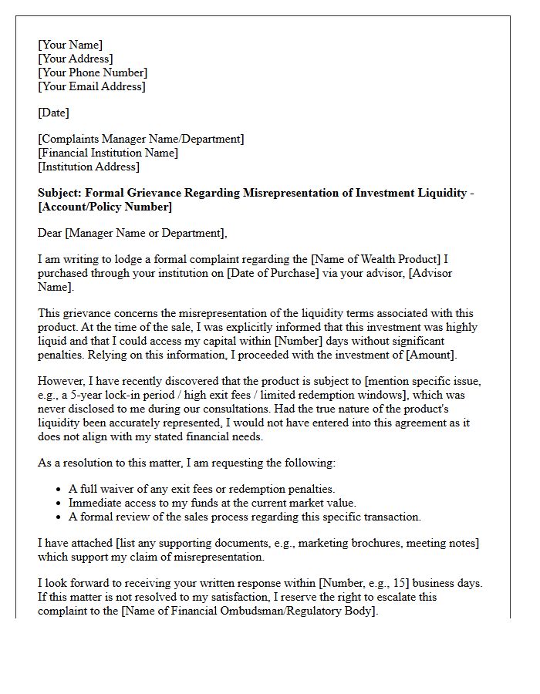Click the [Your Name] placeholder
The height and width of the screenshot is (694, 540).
click(70, 45)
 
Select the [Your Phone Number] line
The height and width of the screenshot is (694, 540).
click(93, 72)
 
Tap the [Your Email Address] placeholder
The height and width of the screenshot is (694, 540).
click(91, 86)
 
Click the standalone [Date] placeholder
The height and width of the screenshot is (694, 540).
click(53, 113)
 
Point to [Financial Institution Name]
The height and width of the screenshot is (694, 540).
click(108, 153)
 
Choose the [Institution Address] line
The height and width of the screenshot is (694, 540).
click(89, 167)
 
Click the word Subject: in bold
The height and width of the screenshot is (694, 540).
click(61, 193)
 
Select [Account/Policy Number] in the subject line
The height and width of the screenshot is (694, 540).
click(105, 207)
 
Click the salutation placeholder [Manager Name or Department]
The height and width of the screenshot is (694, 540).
click(147, 233)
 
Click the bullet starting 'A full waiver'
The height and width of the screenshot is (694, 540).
click(202, 489)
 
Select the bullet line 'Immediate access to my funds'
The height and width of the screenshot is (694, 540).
click(212, 503)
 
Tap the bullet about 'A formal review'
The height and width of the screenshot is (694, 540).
click(245, 517)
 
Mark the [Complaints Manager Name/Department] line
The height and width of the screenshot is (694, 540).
click(141, 139)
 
